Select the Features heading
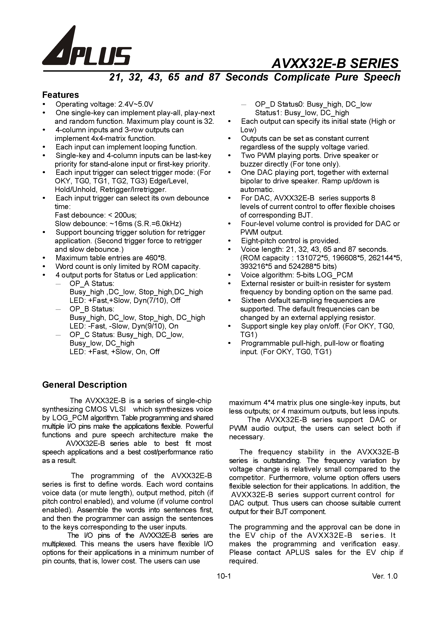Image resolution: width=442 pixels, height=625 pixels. (x=61, y=95)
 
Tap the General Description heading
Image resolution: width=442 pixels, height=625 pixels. (x=85, y=385)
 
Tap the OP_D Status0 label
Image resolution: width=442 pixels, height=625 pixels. (x=280, y=104)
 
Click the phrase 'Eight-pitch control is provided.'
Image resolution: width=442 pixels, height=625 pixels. (x=291, y=241)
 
